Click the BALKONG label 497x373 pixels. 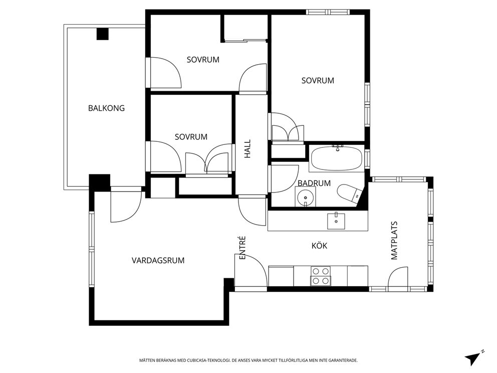[x=106, y=108]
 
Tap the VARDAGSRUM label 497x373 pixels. [x=158, y=260]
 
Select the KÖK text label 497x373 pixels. [x=319, y=246]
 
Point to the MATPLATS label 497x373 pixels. [x=394, y=241]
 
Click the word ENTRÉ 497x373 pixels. [x=242, y=248]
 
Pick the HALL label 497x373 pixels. [x=247, y=149]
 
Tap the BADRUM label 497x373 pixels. [x=314, y=183]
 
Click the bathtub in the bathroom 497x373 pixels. [x=336, y=158]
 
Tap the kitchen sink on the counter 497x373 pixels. [x=336, y=221]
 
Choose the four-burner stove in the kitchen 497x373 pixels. [x=321, y=276]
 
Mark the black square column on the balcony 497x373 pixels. [x=102, y=34]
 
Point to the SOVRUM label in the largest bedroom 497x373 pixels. [x=318, y=81]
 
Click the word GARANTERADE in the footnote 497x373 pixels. [x=344, y=360]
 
